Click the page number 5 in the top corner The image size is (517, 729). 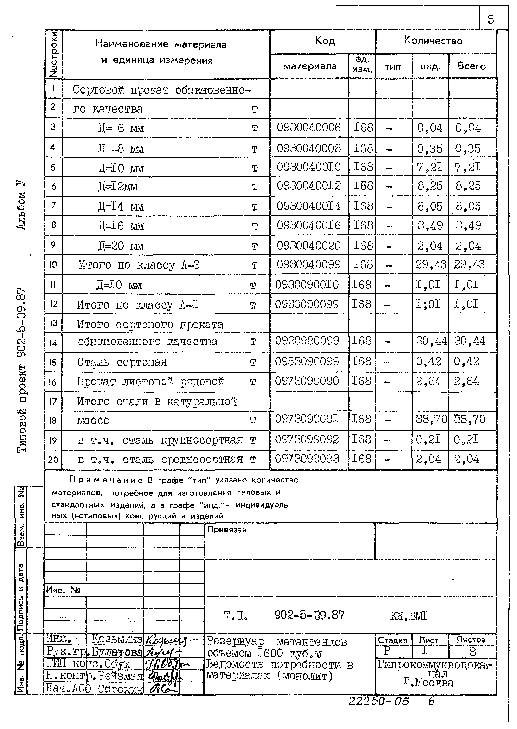click(491, 20)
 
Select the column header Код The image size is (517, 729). click(325, 40)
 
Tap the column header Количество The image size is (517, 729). click(433, 40)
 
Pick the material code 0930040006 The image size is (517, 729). click(308, 128)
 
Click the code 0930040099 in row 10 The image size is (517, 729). click(308, 264)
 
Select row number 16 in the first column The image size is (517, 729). click(53, 382)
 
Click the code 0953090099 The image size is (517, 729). click(307, 361)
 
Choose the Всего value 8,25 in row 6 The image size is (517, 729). click(468, 186)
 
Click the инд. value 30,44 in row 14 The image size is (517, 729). click(431, 341)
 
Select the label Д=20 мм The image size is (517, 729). click(121, 246)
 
